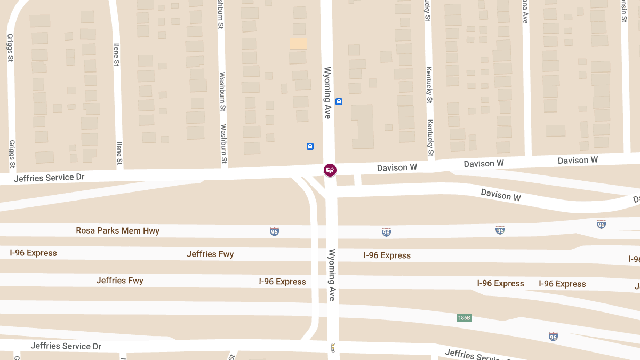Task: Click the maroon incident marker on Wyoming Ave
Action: click(x=330, y=170)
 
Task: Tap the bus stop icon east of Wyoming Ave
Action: click(x=339, y=101)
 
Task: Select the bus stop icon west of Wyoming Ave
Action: click(x=310, y=146)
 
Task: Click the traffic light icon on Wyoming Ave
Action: click(x=333, y=348)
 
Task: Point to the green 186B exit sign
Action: click(x=464, y=318)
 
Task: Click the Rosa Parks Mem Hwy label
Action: click(x=117, y=231)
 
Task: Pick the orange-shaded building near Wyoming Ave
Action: click(x=298, y=44)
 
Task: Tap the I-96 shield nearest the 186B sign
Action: click(x=553, y=337)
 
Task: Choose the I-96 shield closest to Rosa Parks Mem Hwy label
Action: click(x=274, y=231)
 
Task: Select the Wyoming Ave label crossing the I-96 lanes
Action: click(x=332, y=275)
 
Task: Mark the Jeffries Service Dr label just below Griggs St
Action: click(x=49, y=178)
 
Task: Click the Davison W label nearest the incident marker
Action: click(x=397, y=167)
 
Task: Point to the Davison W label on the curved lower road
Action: click(x=501, y=195)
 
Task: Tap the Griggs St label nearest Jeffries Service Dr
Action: click(x=12, y=153)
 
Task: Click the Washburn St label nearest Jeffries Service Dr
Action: click(x=224, y=144)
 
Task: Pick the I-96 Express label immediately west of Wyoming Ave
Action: click(x=282, y=282)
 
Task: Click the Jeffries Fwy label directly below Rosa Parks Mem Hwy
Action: click(x=210, y=254)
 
